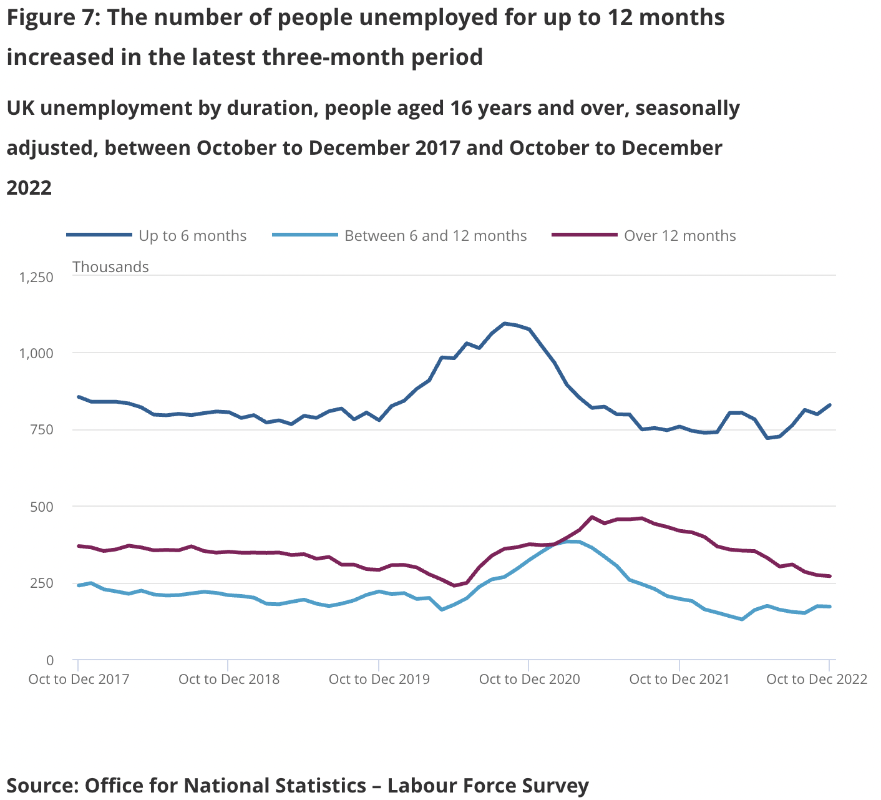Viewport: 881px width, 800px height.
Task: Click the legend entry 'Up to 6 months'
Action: pyautogui.click(x=192, y=236)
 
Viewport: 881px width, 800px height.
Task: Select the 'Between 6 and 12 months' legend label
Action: pyautogui.click(x=435, y=236)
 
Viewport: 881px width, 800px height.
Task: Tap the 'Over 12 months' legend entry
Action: pyautogui.click(x=679, y=236)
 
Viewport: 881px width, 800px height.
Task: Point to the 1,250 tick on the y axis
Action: pyautogui.click(x=37, y=277)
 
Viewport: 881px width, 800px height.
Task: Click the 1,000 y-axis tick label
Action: pyautogui.click(x=37, y=353)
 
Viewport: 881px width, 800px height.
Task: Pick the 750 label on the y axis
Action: pyautogui.click(x=42, y=430)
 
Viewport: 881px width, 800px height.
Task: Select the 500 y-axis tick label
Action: pyautogui.click(x=42, y=507)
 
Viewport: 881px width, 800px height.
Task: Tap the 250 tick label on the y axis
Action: pyautogui.click(x=42, y=583)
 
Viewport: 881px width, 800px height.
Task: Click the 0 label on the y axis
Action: pyautogui.click(x=50, y=660)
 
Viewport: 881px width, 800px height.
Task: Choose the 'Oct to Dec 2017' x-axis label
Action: pyautogui.click(x=79, y=680)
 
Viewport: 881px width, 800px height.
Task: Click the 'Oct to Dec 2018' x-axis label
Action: pyautogui.click(x=229, y=680)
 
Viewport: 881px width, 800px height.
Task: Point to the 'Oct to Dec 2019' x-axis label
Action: pyautogui.click(x=379, y=680)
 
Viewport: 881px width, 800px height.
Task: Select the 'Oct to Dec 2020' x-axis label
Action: pyautogui.click(x=529, y=680)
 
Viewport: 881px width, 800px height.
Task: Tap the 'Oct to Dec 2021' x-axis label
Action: pyautogui.click(x=679, y=680)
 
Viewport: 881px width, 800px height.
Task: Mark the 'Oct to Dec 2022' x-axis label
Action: pyautogui.click(x=817, y=680)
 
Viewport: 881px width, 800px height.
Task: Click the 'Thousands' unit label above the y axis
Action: pyautogui.click(x=110, y=267)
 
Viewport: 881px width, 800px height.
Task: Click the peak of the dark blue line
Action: pyautogui.click(x=504, y=323)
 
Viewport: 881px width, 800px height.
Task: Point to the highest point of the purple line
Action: pyautogui.click(x=592, y=517)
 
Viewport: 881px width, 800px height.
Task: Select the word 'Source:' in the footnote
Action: pyautogui.click(x=42, y=785)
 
